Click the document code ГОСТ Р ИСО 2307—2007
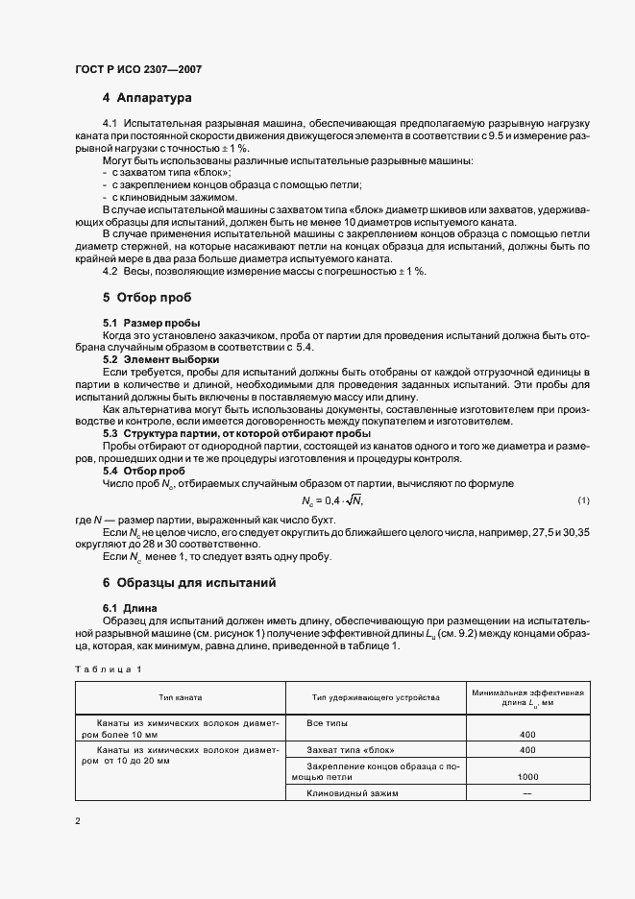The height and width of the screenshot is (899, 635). pos(137,70)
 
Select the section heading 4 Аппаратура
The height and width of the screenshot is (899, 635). pos(148,98)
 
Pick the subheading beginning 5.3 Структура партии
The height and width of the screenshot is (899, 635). pos(236,433)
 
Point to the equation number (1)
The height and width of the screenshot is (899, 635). pos(583,500)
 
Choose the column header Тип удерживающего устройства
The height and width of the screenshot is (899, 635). pos(376,696)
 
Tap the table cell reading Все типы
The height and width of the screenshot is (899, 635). pos(327,722)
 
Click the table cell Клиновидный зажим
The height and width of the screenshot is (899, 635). pos(352,793)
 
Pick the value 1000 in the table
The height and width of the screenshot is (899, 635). pos(526,776)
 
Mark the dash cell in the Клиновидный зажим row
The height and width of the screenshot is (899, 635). pos(526,793)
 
